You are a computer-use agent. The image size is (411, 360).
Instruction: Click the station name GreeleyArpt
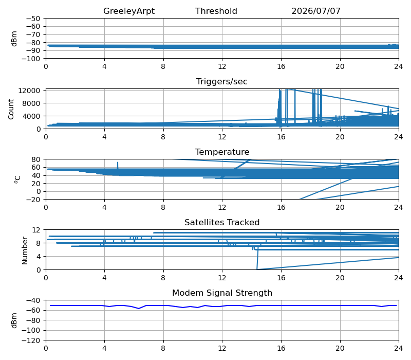tap(129, 11)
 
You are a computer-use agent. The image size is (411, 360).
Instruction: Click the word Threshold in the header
tap(216, 11)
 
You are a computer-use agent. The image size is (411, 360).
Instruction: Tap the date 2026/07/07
tap(316, 11)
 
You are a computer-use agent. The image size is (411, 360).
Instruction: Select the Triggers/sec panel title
tap(222, 82)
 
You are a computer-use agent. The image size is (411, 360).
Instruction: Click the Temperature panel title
tap(222, 152)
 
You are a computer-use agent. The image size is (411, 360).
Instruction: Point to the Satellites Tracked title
tap(222, 222)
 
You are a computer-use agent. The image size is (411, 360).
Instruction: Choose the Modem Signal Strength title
tap(222, 293)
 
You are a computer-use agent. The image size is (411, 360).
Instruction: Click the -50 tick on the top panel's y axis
tap(33, 19)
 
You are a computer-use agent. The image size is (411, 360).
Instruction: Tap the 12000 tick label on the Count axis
tap(29, 91)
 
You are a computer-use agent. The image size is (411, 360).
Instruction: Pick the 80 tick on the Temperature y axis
tap(36, 159)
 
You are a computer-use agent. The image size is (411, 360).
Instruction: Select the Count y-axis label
tap(11, 109)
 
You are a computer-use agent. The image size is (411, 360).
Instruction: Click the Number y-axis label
tap(25, 250)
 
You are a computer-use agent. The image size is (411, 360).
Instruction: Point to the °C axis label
tap(17, 179)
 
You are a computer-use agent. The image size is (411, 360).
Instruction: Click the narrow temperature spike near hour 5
tap(118, 165)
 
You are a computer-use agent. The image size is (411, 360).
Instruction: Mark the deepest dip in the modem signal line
tap(139, 308)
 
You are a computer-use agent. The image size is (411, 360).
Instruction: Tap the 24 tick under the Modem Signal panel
tap(399, 348)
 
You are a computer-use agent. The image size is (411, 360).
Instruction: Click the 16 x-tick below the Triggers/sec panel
tap(281, 137)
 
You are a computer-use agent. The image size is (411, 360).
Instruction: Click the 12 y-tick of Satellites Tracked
tap(36, 230)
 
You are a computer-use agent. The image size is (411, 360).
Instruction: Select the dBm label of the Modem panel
tap(14, 320)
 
